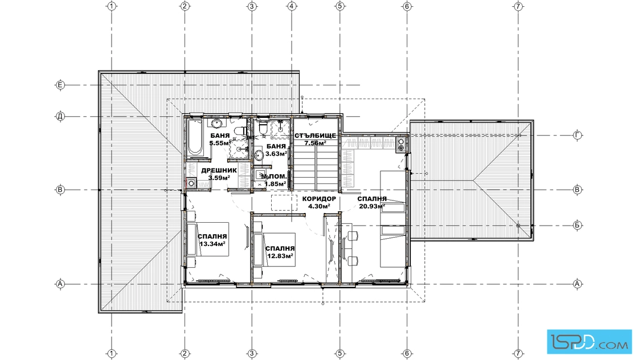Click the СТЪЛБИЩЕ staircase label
pyautogui.click(x=316, y=136)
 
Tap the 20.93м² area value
pyautogui.click(x=372, y=206)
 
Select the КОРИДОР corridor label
pyautogui.click(x=319, y=199)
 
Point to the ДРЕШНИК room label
pyautogui.click(x=219, y=170)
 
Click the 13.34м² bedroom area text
pyautogui.click(x=212, y=244)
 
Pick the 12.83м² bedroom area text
pyautogui.click(x=280, y=256)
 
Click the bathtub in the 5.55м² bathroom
pyautogui.click(x=194, y=137)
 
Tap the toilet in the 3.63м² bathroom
pyautogui.click(x=263, y=128)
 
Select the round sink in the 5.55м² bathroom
pyautogui.click(x=216, y=124)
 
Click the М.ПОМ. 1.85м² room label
pyautogui.click(x=274, y=181)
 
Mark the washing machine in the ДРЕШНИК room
pyautogui.click(x=191, y=183)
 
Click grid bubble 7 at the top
pyautogui.click(x=518, y=6)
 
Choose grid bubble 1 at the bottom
pyautogui.click(x=112, y=354)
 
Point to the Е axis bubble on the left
pyautogui.click(x=60, y=85)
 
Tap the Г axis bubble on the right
pyautogui.click(x=578, y=136)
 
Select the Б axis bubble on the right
pyautogui.click(x=578, y=225)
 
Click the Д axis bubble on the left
pyautogui.click(x=60, y=117)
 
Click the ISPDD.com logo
pyautogui.click(x=589, y=342)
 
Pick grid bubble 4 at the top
pyautogui.click(x=292, y=6)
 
